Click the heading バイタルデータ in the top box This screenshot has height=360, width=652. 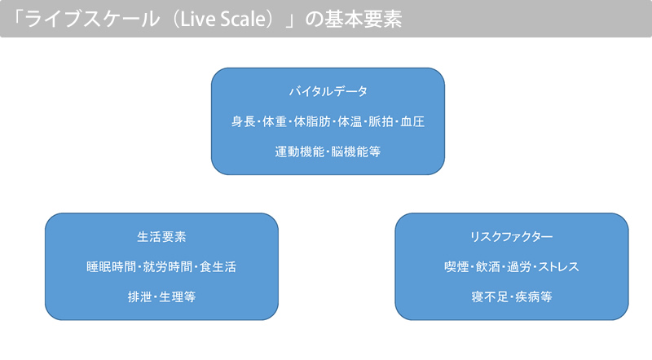328,91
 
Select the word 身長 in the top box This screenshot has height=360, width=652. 243,121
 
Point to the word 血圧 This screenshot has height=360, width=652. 412,121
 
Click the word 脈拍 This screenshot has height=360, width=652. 381,121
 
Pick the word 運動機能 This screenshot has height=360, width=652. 299,151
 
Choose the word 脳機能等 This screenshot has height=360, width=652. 356,151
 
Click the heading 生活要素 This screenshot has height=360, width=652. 161,236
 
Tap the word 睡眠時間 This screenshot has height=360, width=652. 112,267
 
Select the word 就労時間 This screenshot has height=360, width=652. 168,267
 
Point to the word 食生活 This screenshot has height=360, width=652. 218,267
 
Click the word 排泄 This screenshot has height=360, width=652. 140,296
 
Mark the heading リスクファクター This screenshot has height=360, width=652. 512,236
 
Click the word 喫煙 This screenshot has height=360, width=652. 456,267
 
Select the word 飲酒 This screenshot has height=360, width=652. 488,267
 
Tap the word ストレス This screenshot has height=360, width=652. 559,267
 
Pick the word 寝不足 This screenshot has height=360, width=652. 491,296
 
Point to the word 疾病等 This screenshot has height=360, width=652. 534,296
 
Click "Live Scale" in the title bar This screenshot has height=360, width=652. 223,19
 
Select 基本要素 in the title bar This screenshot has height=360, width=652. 363,19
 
